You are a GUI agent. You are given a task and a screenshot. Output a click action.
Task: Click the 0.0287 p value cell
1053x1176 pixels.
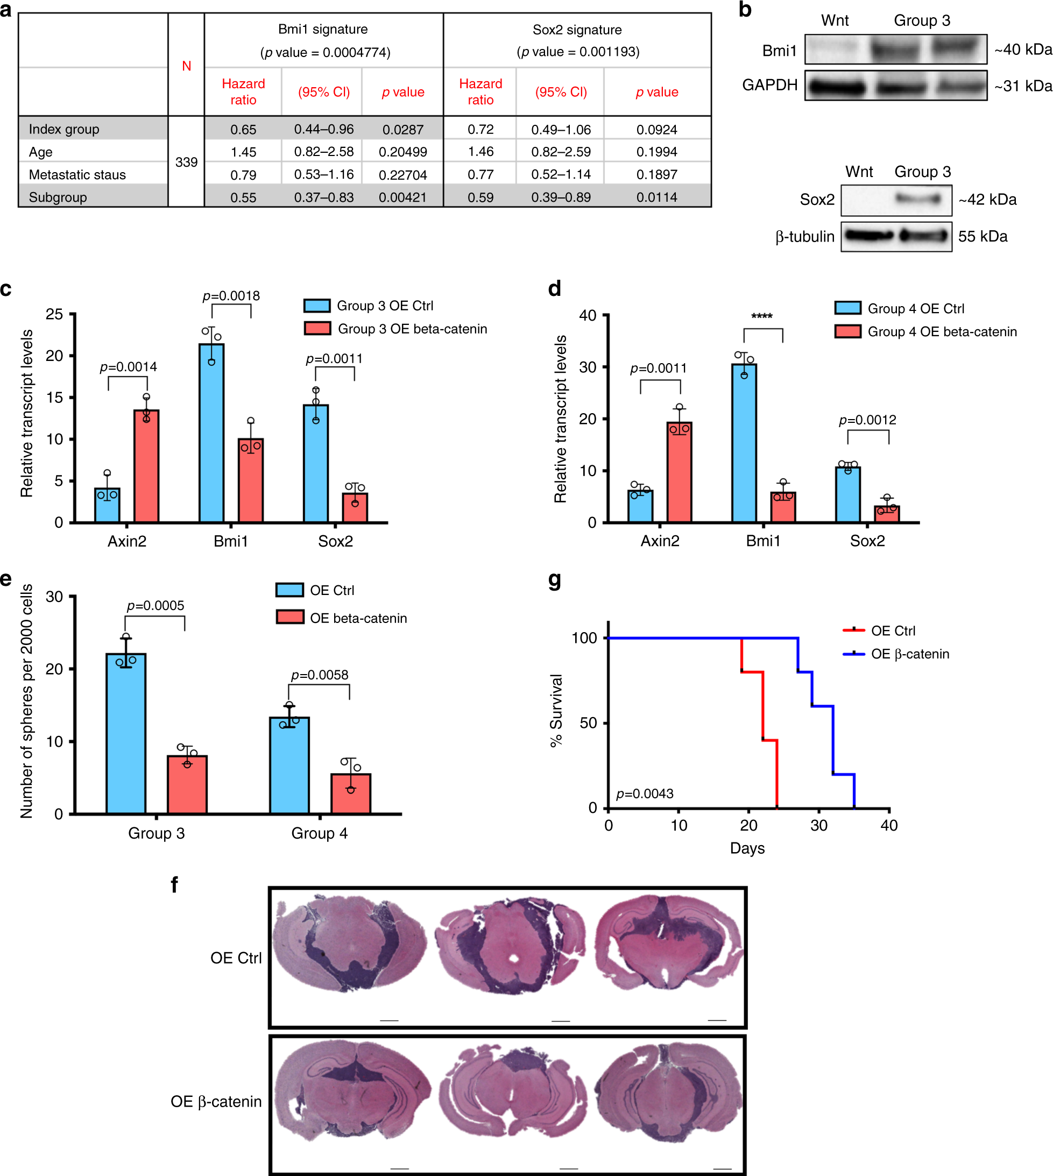click(x=402, y=130)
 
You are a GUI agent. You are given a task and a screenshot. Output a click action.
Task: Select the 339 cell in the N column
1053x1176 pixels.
click(x=186, y=162)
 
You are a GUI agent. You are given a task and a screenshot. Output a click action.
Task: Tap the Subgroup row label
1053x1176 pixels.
click(x=58, y=197)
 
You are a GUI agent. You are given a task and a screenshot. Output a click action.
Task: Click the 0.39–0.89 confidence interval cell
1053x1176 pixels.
click(x=561, y=197)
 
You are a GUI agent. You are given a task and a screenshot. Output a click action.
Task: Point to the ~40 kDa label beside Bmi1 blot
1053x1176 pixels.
click(x=1022, y=49)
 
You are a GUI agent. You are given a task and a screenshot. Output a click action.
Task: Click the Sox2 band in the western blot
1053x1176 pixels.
click(x=918, y=200)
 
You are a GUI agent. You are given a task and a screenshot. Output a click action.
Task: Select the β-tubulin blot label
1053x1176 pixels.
click(x=804, y=237)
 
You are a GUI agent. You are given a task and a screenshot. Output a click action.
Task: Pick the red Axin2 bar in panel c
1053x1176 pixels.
click(x=146, y=466)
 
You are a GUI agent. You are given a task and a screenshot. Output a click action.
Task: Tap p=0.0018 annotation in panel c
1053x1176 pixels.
click(x=231, y=296)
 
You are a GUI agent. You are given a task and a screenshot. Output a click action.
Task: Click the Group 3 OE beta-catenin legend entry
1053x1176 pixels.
click(x=412, y=329)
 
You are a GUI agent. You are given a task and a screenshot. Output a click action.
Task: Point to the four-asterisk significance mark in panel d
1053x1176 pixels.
click(x=761, y=316)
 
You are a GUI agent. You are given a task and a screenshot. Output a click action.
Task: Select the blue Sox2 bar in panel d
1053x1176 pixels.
click(x=847, y=494)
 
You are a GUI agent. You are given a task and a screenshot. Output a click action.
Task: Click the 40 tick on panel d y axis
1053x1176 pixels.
click(x=588, y=315)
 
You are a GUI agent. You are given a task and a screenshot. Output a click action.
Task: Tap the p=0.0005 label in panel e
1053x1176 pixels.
click(x=155, y=606)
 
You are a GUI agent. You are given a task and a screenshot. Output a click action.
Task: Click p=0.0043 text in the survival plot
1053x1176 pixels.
click(x=645, y=794)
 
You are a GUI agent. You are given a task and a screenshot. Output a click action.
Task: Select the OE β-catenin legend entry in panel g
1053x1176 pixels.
click(x=909, y=654)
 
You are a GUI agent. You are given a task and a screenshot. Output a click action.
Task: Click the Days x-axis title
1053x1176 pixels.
click(x=747, y=848)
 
